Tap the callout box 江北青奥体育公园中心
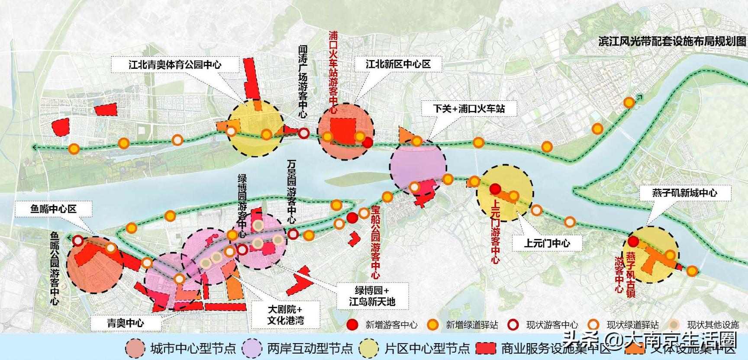(x=175, y=65)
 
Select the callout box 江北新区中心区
(x=398, y=64)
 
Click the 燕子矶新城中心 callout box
(x=684, y=193)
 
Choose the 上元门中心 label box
(x=547, y=243)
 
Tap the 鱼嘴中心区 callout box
(x=53, y=209)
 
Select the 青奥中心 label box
(x=125, y=323)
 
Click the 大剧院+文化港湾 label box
(x=285, y=315)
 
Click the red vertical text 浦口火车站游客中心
(x=333, y=72)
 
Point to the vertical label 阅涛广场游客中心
(x=303, y=82)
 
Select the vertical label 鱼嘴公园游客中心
(x=54, y=268)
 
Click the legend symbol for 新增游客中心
(x=353, y=325)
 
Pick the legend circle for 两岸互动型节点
(x=252, y=348)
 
